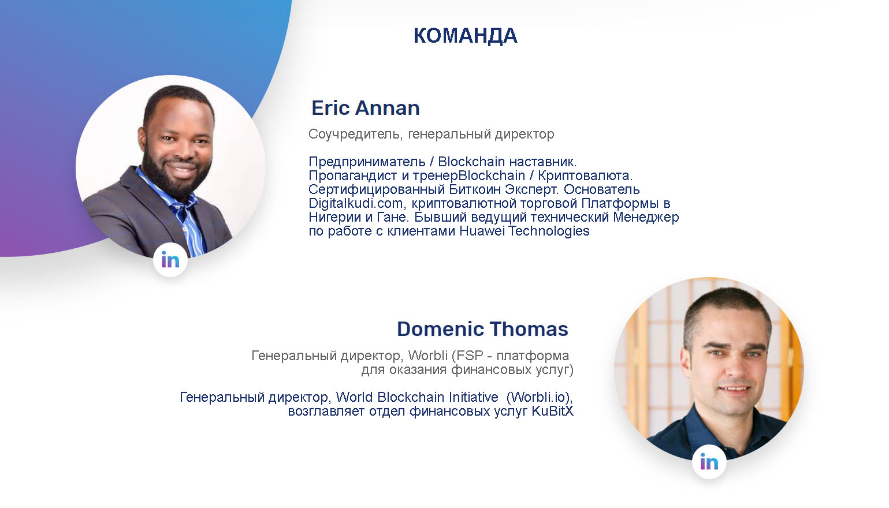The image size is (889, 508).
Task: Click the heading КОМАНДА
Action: [x=465, y=36]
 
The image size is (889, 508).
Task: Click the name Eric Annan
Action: [x=366, y=108]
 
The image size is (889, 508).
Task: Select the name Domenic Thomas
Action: [x=482, y=328]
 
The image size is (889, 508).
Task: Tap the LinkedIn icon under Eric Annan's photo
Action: [x=170, y=260]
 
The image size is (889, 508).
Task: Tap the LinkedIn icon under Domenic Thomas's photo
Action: [x=709, y=462]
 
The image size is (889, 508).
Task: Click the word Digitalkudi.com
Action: [x=356, y=203]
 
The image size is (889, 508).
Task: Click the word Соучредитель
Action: [x=356, y=135]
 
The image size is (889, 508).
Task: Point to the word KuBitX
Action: [x=552, y=411]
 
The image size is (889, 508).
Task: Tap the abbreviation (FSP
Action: [x=467, y=356]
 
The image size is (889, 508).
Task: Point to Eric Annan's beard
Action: [x=174, y=177]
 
